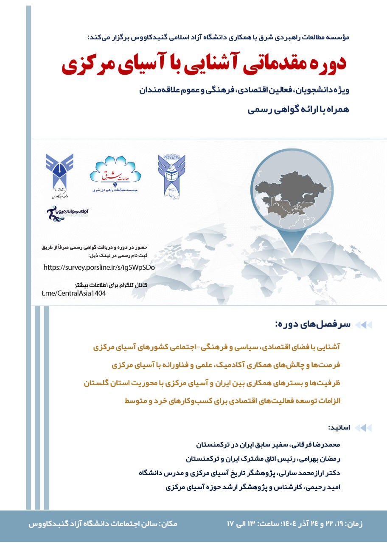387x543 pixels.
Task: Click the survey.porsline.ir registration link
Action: tap(99, 268)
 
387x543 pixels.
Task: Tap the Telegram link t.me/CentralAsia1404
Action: tap(73, 294)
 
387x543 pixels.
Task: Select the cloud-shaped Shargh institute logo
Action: tap(115, 174)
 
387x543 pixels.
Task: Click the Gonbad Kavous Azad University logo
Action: tap(60, 176)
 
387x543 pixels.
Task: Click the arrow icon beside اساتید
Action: tap(363, 428)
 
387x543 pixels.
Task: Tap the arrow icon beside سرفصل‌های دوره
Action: tap(363, 325)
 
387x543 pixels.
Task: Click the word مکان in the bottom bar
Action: tap(168, 524)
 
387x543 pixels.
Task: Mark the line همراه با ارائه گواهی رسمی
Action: tap(298, 110)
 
